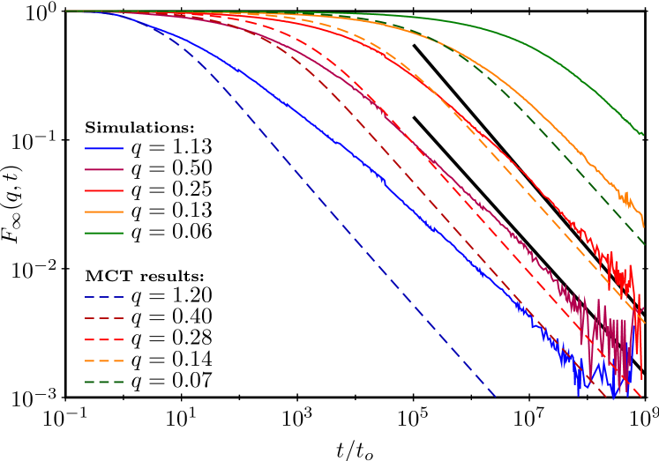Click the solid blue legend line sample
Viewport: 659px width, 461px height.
point(104,148)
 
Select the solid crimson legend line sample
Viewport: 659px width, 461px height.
point(104,169)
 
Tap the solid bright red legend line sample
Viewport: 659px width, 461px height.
point(104,190)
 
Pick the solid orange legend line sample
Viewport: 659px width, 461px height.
point(104,212)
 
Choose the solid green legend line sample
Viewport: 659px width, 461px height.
point(104,233)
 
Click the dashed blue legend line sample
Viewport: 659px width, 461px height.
point(104,297)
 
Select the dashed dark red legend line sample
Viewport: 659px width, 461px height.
point(104,318)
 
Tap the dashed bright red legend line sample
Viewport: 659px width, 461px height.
point(104,339)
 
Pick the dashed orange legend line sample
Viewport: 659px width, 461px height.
point(104,361)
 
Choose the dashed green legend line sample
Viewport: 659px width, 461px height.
point(104,382)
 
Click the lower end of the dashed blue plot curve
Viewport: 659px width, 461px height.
point(494,397)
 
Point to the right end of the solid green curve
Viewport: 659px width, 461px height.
point(643,135)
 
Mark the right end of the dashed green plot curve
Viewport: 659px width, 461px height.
point(644,244)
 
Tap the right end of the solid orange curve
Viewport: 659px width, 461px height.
point(643,226)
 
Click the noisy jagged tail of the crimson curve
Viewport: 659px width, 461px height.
point(609,335)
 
